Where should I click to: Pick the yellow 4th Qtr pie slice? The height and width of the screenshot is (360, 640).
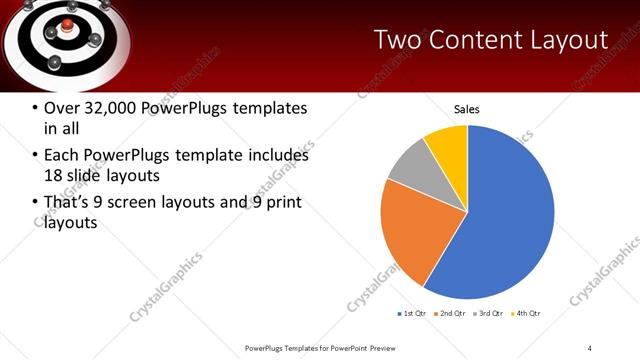[x=446, y=145]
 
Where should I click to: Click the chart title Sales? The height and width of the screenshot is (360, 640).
[x=467, y=108]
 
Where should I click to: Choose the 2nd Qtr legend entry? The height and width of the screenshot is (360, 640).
[x=451, y=314]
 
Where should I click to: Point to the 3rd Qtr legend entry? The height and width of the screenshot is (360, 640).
[x=489, y=314]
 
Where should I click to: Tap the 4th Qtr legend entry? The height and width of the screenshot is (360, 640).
[x=527, y=314]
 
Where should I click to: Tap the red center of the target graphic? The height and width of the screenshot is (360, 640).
[x=68, y=24]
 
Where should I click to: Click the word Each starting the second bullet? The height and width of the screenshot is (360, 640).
[x=62, y=156]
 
